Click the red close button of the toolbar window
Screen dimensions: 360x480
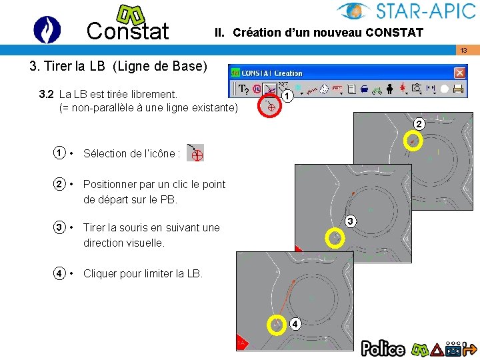[x=460, y=73]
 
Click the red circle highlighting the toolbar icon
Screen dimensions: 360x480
[x=271, y=106]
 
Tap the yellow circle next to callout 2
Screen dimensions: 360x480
[x=414, y=140]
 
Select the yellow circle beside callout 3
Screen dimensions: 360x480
[x=335, y=237]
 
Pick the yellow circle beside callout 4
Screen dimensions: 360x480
[x=277, y=325]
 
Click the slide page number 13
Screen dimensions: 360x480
[x=463, y=51]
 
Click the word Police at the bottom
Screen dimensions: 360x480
[x=383, y=348]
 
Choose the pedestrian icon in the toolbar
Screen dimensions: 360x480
[x=390, y=88]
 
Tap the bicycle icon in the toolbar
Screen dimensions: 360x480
[x=378, y=88]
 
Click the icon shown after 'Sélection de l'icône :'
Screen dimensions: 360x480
[x=195, y=153]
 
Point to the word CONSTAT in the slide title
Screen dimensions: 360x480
[x=393, y=33]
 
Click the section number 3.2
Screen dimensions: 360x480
[x=47, y=94]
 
